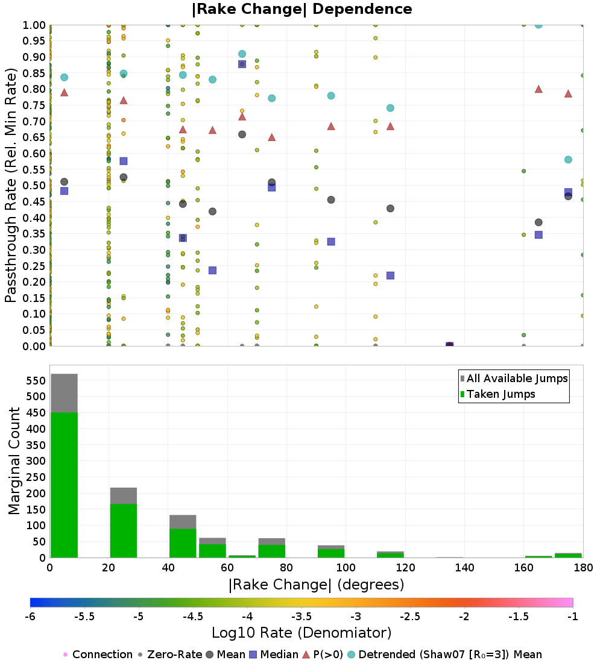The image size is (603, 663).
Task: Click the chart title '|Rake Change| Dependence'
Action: (x=301, y=9)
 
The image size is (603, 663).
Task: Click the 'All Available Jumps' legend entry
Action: (x=513, y=379)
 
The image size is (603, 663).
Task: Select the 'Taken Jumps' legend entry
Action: (x=497, y=394)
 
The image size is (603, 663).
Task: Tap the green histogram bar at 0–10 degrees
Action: (x=65, y=485)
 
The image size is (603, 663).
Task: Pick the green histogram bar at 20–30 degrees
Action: (x=124, y=530)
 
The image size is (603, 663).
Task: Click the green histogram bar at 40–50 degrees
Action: (x=183, y=543)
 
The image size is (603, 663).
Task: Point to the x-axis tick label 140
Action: (x=465, y=567)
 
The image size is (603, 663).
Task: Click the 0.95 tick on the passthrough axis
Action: (x=34, y=41)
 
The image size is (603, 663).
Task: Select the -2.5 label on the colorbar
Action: (x=410, y=617)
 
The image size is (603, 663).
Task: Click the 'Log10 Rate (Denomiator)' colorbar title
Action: (x=301, y=633)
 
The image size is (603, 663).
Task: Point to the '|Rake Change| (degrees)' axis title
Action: (x=317, y=585)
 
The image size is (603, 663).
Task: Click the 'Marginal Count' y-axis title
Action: (x=14, y=461)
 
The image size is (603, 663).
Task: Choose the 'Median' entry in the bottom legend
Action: (x=274, y=655)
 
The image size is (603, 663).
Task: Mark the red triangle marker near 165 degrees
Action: (x=538, y=89)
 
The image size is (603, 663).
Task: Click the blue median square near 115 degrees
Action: (x=391, y=275)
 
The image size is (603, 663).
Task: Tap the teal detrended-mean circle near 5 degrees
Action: (x=65, y=77)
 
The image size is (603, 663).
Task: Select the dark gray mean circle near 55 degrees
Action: (x=213, y=212)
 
